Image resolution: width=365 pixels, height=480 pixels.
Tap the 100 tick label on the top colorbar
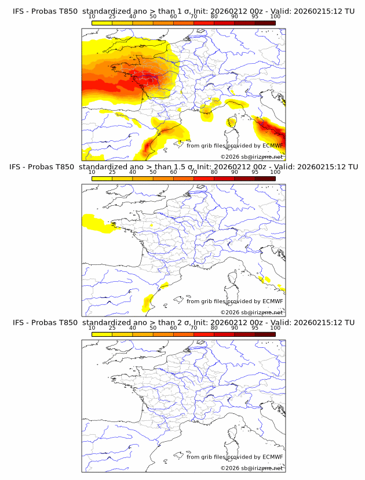pyautogui.click(x=275, y=16)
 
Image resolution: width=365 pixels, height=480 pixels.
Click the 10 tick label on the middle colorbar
pyautogui.click(x=92, y=172)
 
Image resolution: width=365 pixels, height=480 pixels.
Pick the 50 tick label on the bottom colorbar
pyautogui.click(x=153, y=328)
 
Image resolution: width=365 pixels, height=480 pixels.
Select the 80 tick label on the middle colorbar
pyautogui.click(x=214, y=172)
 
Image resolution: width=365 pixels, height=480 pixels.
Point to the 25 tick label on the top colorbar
pyautogui.click(x=112, y=16)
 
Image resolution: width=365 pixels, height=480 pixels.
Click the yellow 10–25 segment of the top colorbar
pyautogui.click(x=101, y=23)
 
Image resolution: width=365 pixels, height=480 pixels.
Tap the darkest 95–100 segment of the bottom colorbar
pyautogui.click(x=265, y=334)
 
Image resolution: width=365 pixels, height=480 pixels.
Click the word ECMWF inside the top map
pyautogui.click(x=273, y=146)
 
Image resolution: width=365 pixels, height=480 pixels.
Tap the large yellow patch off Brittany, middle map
pyautogui.click(x=96, y=223)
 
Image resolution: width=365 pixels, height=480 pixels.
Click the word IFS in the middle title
pyautogui.click(x=19, y=167)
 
